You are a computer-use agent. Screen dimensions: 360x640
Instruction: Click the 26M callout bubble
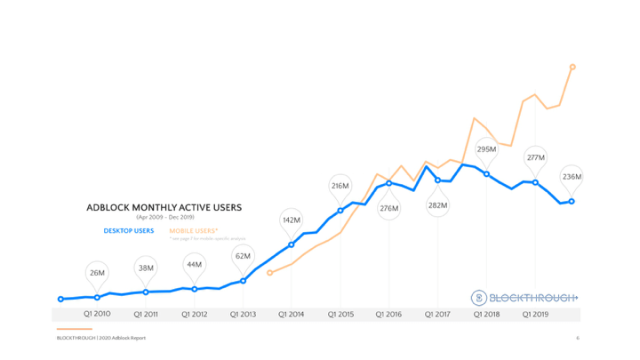pos(97,272)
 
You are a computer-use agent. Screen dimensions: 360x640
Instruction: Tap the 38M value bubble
pos(146,268)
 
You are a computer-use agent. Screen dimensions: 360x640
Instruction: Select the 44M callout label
pos(195,264)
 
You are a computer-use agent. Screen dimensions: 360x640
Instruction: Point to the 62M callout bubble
pos(243,256)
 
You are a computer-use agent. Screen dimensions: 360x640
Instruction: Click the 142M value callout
pos(292,219)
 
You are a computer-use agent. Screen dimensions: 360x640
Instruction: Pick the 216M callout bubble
pos(340,186)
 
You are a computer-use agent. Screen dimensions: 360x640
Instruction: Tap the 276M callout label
pos(389,208)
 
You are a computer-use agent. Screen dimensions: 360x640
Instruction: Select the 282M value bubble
pos(437,205)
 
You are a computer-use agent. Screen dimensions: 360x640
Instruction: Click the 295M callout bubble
pos(486,149)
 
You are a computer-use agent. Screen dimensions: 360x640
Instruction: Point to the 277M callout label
pos(535,157)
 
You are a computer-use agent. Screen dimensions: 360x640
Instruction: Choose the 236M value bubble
pos(572,176)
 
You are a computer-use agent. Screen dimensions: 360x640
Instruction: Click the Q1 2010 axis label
pos(97,314)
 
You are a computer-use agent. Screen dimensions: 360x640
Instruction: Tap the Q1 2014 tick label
pos(292,314)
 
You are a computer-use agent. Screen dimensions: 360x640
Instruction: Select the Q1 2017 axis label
pos(437,314)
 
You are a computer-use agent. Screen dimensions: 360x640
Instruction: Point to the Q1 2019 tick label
pos(535,314)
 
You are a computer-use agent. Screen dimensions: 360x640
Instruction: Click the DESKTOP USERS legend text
pos(129,230)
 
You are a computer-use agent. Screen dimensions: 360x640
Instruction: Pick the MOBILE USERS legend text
pos(193,230)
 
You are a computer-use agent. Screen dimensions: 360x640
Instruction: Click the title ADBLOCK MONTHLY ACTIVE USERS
pos(164,207)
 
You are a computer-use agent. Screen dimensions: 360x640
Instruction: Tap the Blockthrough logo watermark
pos(524,297)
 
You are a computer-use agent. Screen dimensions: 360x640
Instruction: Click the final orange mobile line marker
pos(572,67)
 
